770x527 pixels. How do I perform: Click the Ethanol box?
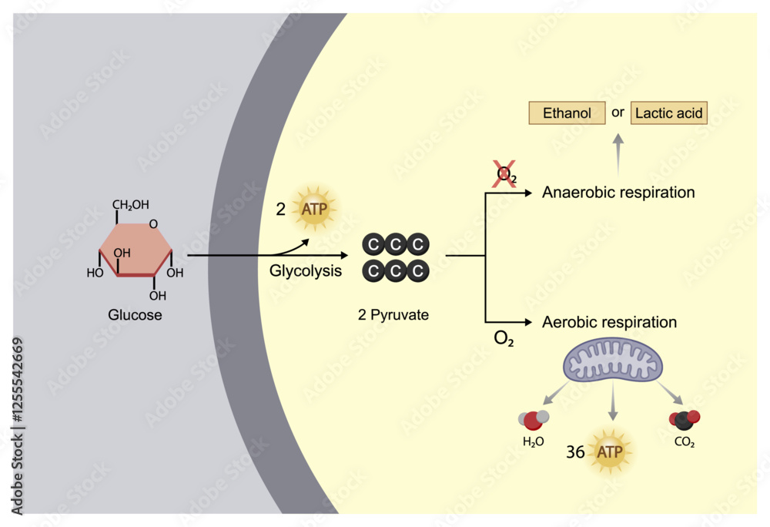coord(567,113)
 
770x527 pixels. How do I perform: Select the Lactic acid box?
coord(668,113)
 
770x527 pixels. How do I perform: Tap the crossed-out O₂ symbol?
coord(504,176)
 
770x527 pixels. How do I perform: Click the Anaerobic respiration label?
coord(618,193)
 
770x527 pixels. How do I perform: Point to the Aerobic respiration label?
coord(610,322)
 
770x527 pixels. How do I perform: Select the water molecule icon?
coord(534,420)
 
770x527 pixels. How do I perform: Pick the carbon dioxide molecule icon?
coord(684,419)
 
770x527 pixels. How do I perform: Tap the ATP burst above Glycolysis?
coord(313,208)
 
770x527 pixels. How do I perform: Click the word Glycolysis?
coord(306,271)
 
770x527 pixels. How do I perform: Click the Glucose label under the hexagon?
coord(136,314)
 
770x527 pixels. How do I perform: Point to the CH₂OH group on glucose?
coord(131,205)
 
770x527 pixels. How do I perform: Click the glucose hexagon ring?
coord(136,248)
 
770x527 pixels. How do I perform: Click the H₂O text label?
coord(534,442)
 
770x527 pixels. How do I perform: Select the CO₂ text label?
coord(683,444)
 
